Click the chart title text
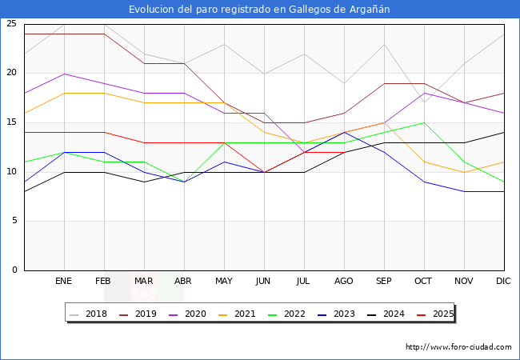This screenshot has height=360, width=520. point(260,10)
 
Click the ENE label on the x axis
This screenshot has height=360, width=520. point(64,282)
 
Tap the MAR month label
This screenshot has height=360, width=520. point(144,282)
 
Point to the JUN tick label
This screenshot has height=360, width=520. point(264,282)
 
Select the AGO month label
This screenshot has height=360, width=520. point(344,282)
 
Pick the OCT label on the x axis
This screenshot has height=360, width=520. point(424,282)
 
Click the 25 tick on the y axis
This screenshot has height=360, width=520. point(11,24)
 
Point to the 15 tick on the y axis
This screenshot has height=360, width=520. point(11,122)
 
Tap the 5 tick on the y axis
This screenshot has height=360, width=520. point(14,221)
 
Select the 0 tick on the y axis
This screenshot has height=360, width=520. point(14,270)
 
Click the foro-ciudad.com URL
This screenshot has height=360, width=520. point(458,347)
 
